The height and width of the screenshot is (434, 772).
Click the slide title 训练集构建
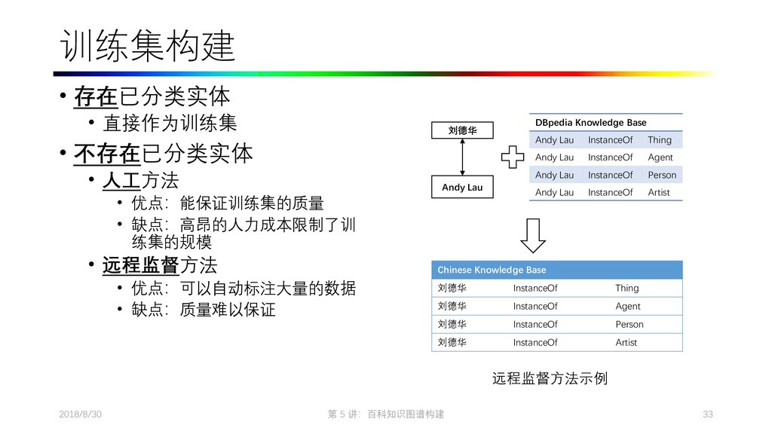point(147,47)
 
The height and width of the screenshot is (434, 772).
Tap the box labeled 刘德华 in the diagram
point(462,130)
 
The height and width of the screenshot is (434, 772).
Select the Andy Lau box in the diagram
point(462,187)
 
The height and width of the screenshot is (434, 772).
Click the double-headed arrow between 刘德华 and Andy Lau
point(462,158)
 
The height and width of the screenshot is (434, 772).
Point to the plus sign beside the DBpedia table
point(512,158)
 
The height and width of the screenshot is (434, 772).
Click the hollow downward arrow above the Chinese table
point(532,235)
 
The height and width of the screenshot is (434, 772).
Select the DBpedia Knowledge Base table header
point(590,122)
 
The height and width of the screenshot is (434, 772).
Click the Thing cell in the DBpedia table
point(659,139)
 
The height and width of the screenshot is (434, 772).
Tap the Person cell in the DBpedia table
point(661,175)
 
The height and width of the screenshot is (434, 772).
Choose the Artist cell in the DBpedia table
point(658,192)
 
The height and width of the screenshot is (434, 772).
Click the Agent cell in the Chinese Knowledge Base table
point(627,306)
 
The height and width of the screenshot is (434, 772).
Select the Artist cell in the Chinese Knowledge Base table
point(626,342)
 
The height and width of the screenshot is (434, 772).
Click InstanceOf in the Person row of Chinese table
point(535,324)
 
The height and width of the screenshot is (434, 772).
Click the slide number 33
point(706,415)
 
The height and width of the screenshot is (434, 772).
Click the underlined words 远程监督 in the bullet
point(140,265)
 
